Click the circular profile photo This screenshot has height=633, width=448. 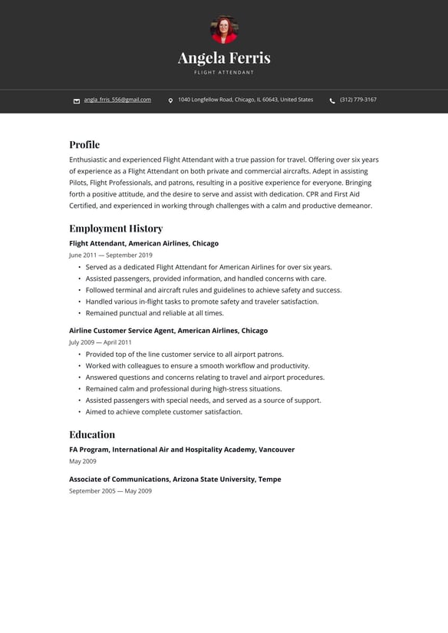[224, 30]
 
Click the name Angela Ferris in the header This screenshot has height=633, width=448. [224, 58]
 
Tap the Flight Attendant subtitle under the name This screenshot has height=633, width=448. [224, 73]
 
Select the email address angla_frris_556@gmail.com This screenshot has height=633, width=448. [117, 100]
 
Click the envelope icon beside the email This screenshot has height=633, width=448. [77, 101]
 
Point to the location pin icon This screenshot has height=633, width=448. [170, 101]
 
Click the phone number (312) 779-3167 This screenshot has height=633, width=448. [358, 100]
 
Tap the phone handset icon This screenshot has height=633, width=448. [332, 101]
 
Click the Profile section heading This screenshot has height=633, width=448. [84, 144]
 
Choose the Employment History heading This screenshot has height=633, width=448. [116, 228]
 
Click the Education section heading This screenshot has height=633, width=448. [92, 434]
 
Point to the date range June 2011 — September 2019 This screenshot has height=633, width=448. [110, 255]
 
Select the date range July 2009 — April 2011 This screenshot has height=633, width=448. [100, 342]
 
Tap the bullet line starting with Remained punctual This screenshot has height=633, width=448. [154, 313]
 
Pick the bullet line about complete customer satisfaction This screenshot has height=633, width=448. [163, 412]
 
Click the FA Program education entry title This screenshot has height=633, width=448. [182, 450]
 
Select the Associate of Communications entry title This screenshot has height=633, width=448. [175, 479]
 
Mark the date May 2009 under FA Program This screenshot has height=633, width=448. [83, 461]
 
